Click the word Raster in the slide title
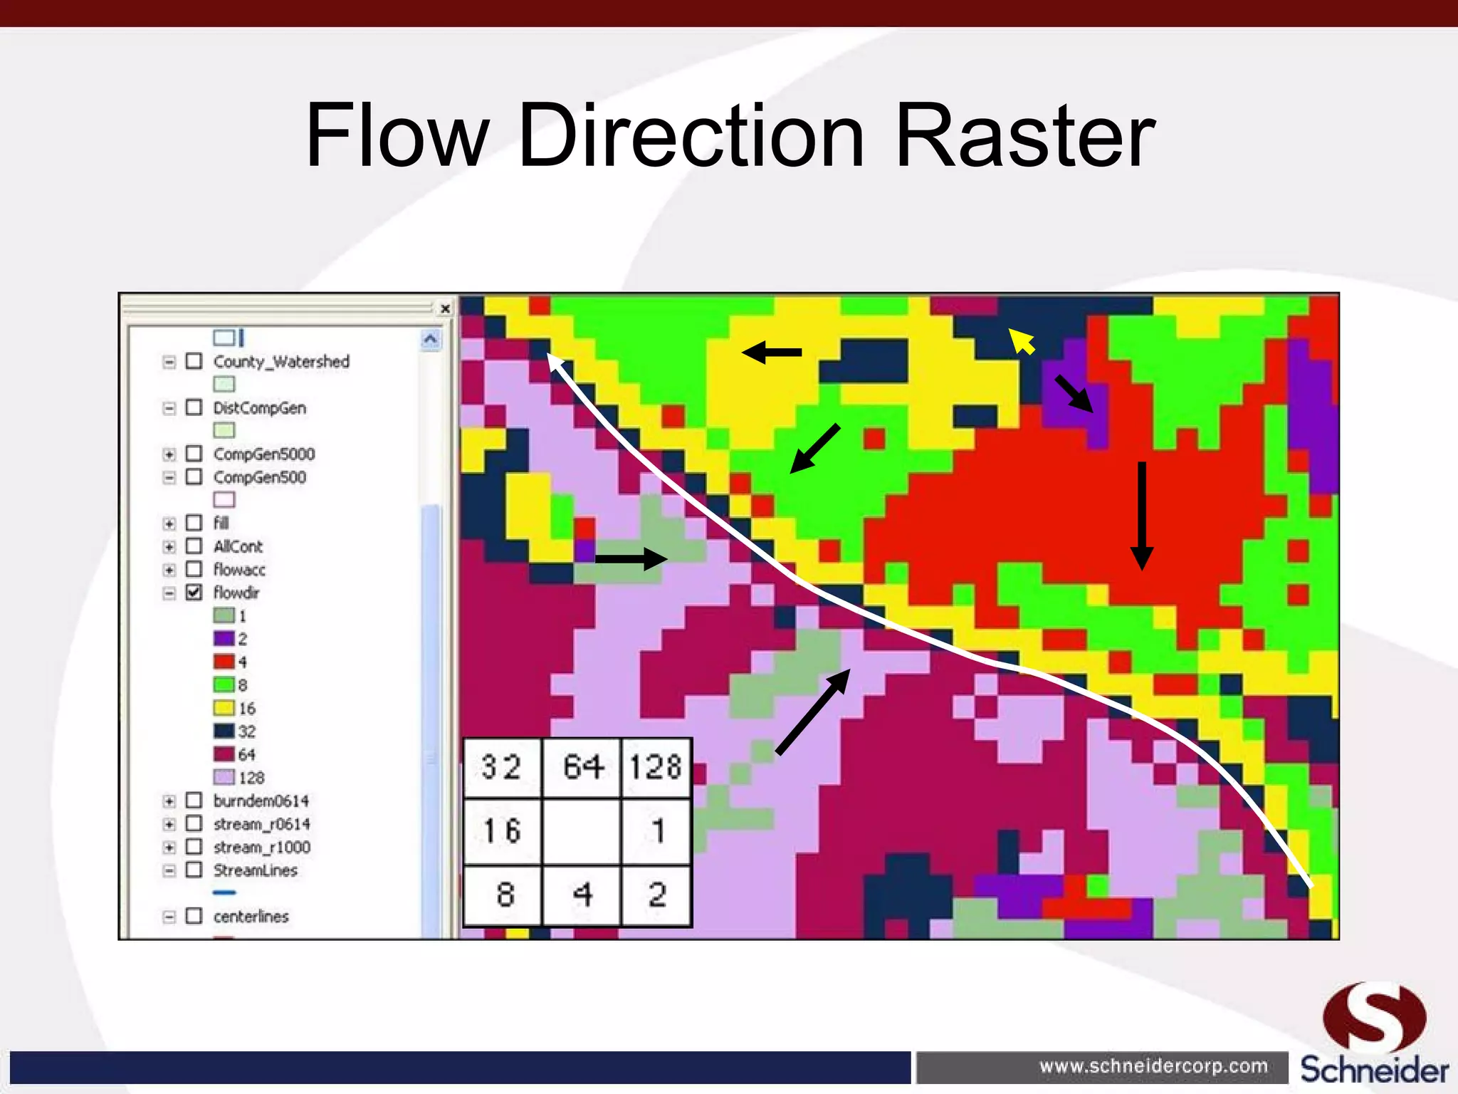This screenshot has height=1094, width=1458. [x=1025, y=135]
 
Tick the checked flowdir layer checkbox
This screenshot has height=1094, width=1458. [x=194, y=592]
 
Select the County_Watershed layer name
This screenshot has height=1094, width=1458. [x=281, y=361]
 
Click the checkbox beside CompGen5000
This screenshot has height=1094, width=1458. [x=194, y=454]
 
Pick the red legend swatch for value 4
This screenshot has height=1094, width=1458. [x=224, y=662]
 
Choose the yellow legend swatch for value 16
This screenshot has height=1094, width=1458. [x=224, y=708]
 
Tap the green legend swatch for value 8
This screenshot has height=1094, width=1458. [x=224, y=684]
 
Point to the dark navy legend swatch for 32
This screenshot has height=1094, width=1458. [x=224, y=731]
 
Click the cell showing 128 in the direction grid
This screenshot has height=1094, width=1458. [x=656, y=767]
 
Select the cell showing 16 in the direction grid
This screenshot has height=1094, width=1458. [x=503, y=830]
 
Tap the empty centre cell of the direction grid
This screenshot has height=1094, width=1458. [x=581, y=830]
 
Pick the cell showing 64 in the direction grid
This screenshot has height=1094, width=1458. [x=582, y=767]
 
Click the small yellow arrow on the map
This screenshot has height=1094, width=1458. [x=1022, y=341]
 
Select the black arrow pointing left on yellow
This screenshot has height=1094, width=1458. [x=772, y=352]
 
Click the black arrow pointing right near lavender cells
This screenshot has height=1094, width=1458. [x=631, y=559]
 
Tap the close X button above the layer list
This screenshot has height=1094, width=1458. [x=445, y=308]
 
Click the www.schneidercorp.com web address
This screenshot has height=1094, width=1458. [x=1153, y=1066]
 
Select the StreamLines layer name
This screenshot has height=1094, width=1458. [x=255, y=870]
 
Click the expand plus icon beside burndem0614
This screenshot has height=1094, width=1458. [x=169, y=801]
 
